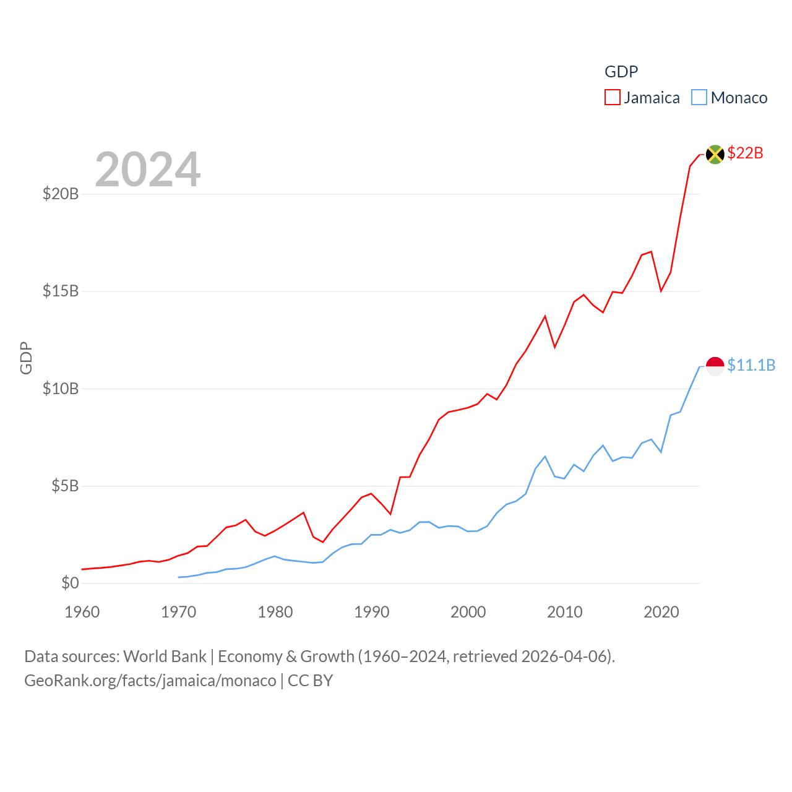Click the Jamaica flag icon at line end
point(715,154)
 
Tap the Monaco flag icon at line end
point(715,366)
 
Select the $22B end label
point(746,153)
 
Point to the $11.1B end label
point(751,365)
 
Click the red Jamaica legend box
point(613,98)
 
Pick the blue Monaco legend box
point(699,98)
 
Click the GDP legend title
point(621,72)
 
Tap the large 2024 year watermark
point(148,169)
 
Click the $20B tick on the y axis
point(61,194)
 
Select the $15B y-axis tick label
point(61,291)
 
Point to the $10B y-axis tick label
point(61,389)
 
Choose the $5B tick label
point(65,486)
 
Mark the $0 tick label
point(70,583)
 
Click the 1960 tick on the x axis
point(82,612)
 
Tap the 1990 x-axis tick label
point(372,612)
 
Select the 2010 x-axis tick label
point(565,612)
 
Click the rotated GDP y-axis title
point(26,358)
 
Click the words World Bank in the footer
point(165,656)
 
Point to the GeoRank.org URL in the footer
point(150,681)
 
